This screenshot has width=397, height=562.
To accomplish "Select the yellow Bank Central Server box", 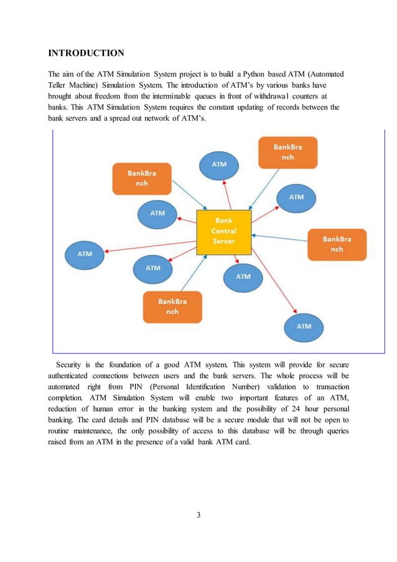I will (x=223, y=231).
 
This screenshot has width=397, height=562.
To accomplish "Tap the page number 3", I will (x=198, y=515).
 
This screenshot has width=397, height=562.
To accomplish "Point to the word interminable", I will (x=181, y=96).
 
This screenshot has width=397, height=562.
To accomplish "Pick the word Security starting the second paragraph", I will (x=72, y=364).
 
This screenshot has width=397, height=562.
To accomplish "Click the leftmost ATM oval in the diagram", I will (x=85, y=254).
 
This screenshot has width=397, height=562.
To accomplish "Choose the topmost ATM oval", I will (x=218, y=164).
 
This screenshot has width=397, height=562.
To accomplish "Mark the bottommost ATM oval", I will (x=304, y=326).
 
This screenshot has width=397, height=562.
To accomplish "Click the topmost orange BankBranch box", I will (x=287, y=153).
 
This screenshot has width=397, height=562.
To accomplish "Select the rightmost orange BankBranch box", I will (x=337, y=244).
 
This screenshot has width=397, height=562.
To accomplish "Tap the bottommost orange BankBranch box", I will (x=172, y=307).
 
